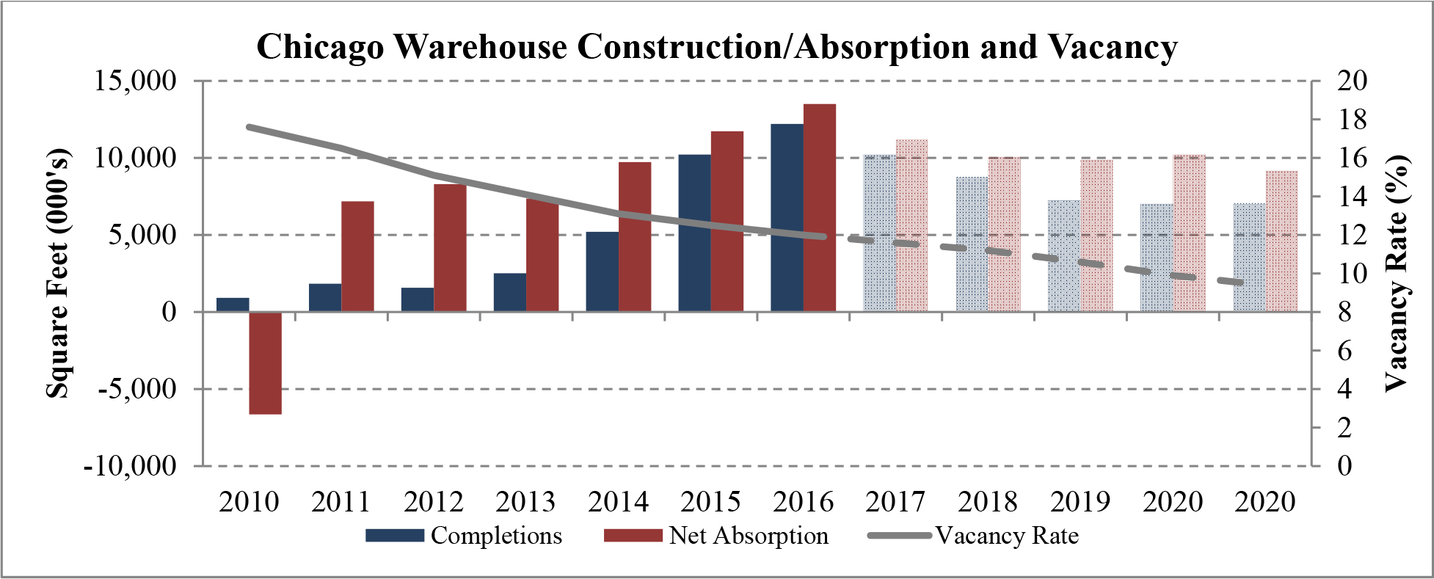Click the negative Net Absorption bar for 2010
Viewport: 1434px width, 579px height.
(265, 363)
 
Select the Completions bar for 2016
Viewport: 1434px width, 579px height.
(787, 218)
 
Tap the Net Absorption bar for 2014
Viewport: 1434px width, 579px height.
(635, 236)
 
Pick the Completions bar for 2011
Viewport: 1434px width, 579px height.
(324, 297)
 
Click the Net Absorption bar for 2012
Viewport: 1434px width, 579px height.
(450, 247)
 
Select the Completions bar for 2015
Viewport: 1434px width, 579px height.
(694, 233)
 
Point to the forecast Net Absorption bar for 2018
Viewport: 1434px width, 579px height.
(1004, 234)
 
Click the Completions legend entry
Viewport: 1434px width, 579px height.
(495, 536)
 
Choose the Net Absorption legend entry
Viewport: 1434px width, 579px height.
(748, 536)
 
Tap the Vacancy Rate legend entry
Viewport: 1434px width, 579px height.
(1006, 536)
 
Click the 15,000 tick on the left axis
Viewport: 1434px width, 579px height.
(136, 80)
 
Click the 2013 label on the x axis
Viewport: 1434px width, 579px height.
(525, 502)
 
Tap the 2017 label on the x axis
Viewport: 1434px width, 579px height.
(895, 502)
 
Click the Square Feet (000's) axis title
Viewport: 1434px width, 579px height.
(58, 273)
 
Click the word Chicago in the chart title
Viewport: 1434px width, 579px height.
(320, 47)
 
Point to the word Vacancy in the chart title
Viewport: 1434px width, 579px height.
(1112, 47)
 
